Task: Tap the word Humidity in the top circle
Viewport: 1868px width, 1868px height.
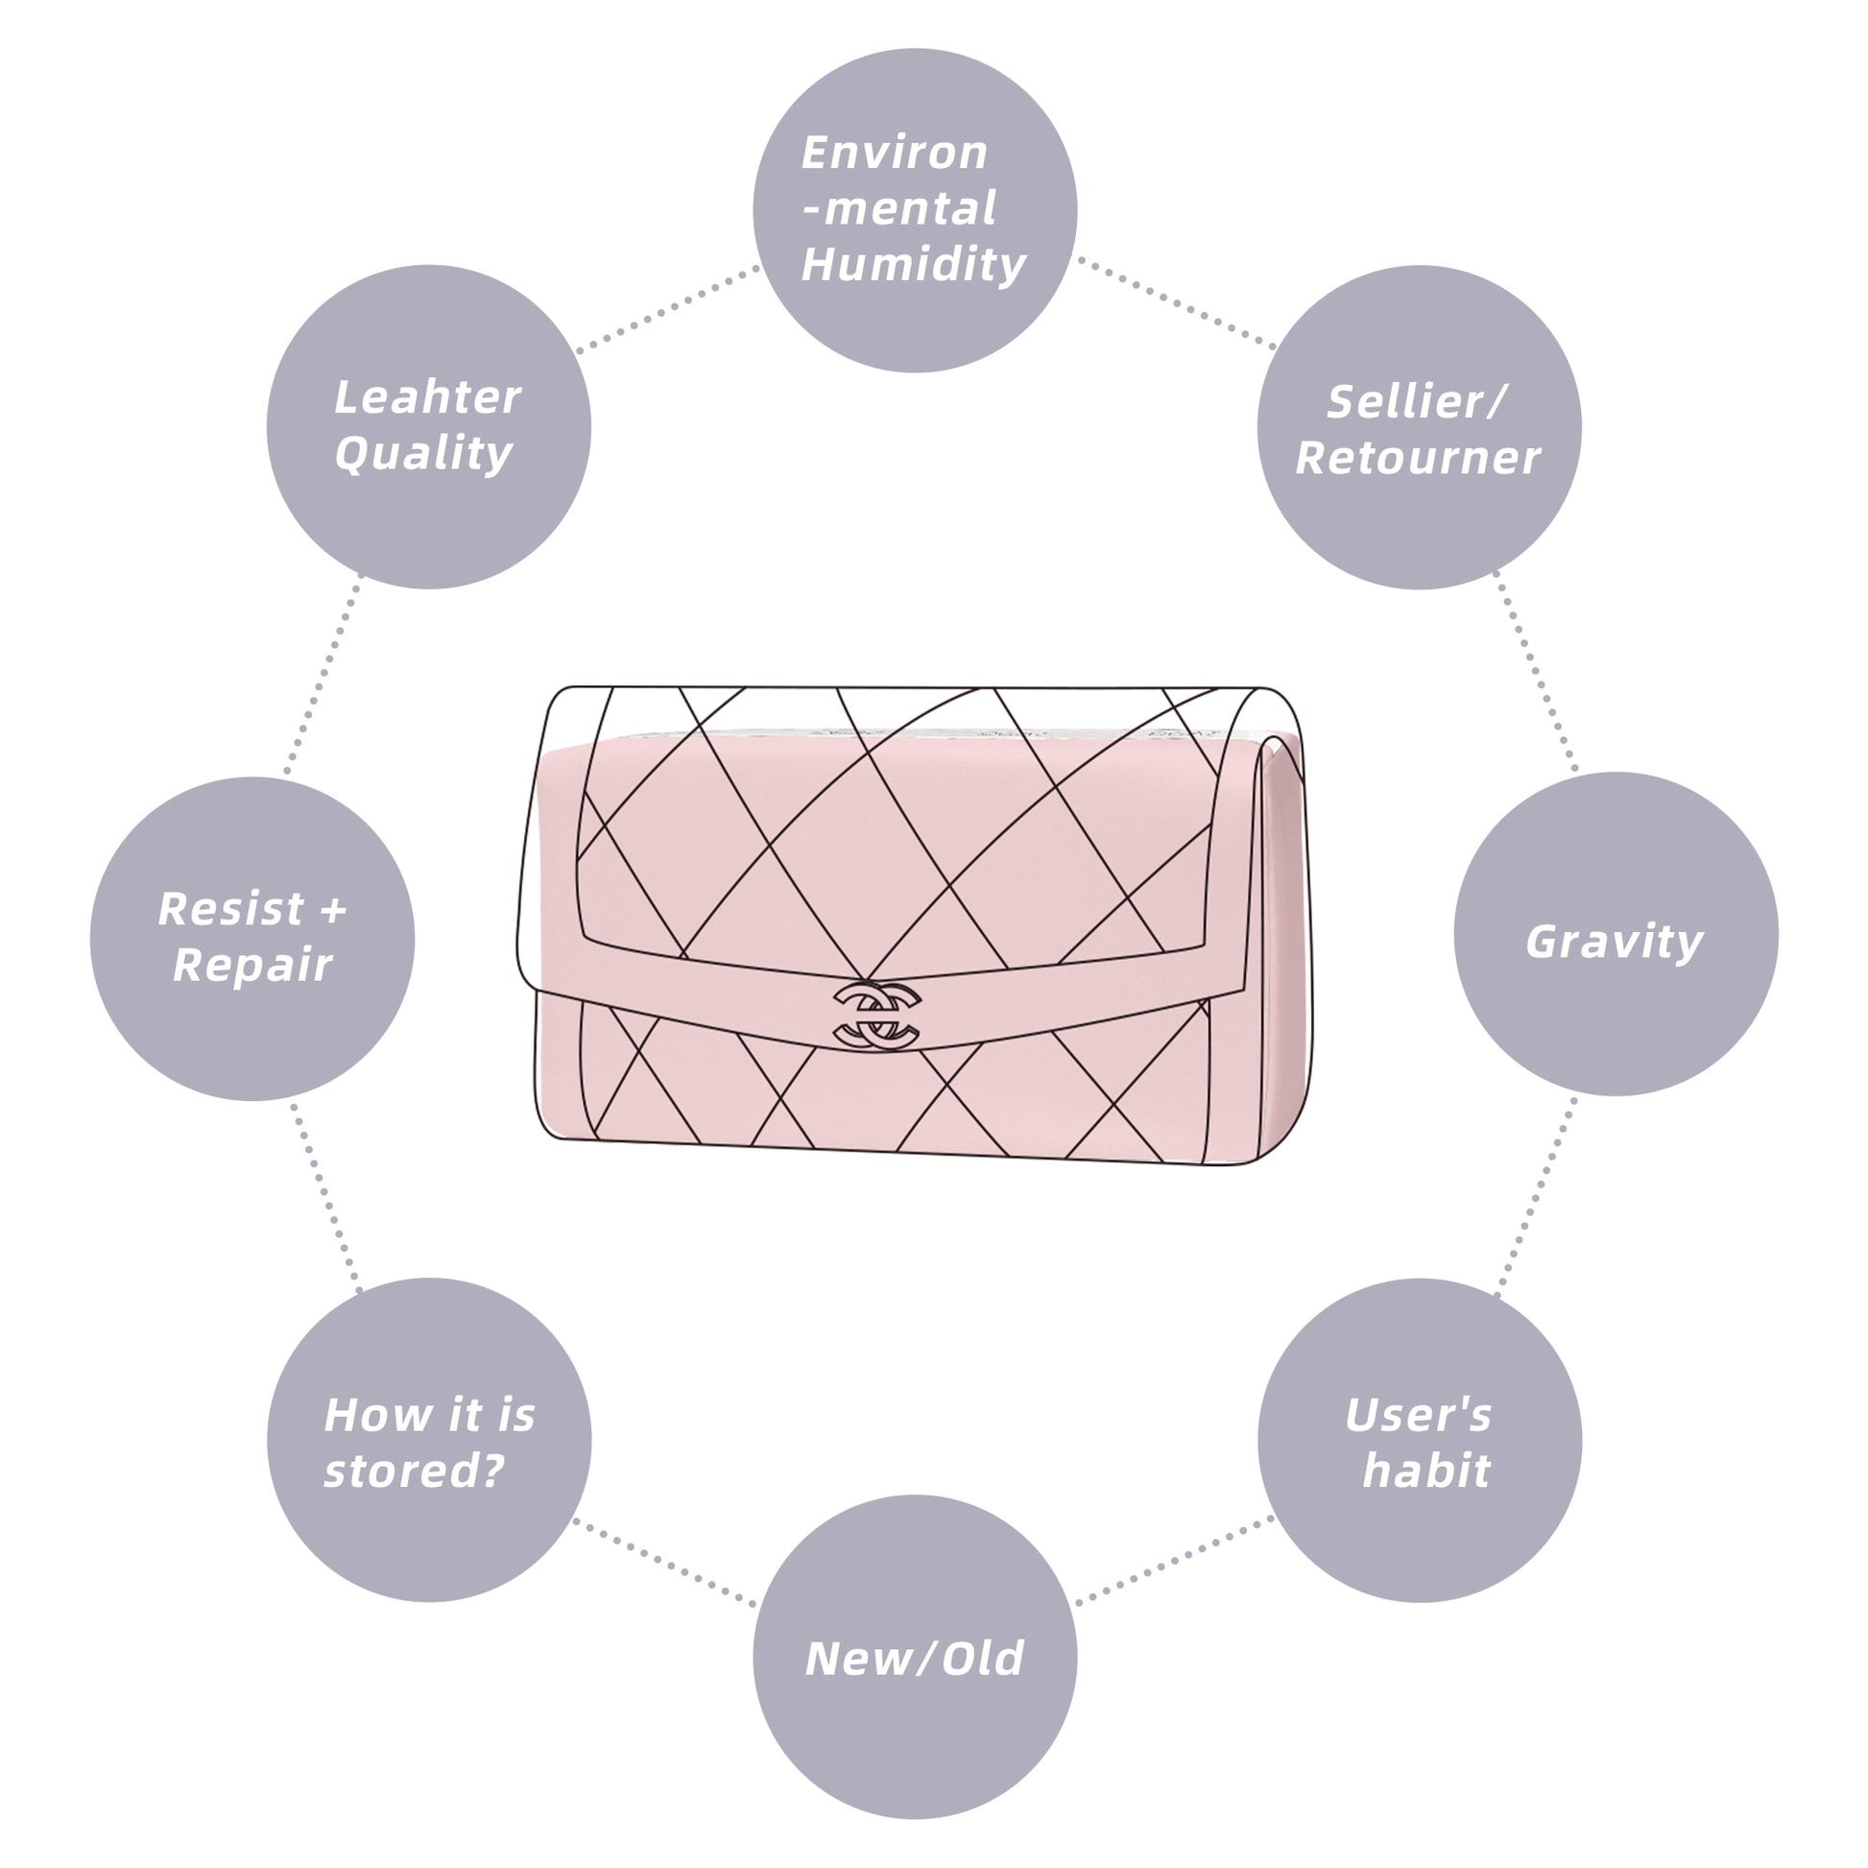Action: coord(914,265)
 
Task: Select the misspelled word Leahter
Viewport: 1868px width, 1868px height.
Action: coord(427,397)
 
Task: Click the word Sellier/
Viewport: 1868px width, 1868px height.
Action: coord(1417,402)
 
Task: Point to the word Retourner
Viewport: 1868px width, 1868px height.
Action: coord(1418,458)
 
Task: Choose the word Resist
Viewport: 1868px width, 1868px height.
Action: coord(231,909)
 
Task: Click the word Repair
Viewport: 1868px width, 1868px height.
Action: coord(252,965)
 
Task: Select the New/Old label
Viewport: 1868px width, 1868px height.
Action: coord(914,1659)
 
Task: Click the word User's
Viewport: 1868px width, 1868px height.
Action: coord(1419,1416)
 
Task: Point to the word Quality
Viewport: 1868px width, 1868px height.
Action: coord(423,453)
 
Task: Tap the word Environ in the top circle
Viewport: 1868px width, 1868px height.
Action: coord(895,153)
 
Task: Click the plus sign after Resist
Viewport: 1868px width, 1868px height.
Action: coord(332,910)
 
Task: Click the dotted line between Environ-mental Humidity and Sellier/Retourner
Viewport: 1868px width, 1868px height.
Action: coord(1176,302)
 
